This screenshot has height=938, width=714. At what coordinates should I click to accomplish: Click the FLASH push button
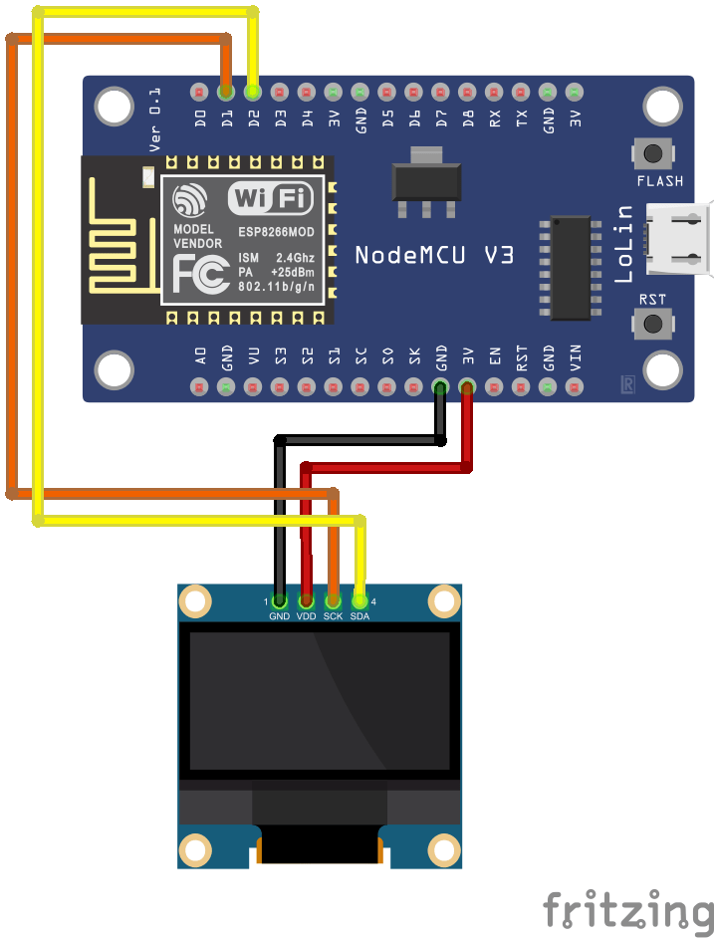tap(653, 154)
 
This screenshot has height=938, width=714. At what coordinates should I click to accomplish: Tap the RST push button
tap(653, 323)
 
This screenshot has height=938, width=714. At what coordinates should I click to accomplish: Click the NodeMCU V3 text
tap(434, 255)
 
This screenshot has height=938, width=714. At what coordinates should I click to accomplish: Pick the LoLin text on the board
tap(624, 244)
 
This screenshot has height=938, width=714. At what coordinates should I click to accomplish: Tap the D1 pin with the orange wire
tap(226, 93)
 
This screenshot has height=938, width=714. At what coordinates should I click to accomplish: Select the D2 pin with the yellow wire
tap(252, 93)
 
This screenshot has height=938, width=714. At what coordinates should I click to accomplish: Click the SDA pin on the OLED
tap(360, 600)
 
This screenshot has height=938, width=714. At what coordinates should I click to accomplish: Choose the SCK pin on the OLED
tap(334, 600)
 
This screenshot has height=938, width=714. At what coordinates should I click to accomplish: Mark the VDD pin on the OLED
tap(307, 600)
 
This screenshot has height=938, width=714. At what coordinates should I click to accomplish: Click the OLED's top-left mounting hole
tap(196, 600)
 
